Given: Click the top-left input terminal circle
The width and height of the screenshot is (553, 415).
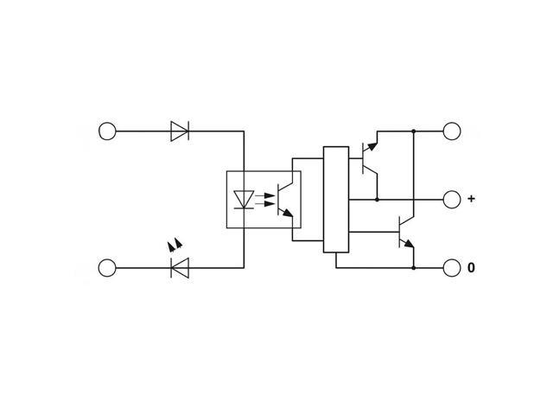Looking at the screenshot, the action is point(107,131).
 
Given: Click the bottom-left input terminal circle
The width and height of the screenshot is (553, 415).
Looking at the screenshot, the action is point(107,268).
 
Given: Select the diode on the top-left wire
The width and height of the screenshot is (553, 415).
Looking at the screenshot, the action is point(180,131).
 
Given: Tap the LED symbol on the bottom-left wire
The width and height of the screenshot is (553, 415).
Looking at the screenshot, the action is point(180,268).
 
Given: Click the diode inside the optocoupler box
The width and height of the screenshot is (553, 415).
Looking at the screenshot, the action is point(244,199).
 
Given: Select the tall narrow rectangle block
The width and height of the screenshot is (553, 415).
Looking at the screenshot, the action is point(336,200).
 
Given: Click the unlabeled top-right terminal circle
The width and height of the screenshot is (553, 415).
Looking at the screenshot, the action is point(452,131).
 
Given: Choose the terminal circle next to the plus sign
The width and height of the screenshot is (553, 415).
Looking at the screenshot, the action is point(452,199).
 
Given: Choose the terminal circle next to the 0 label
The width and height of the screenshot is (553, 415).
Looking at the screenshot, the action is point(452,268).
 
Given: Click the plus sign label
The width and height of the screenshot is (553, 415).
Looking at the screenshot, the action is point(471,199).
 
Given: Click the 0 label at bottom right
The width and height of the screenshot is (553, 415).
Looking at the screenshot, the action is point(471,268).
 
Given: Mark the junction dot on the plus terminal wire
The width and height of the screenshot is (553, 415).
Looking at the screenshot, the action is point(378,199).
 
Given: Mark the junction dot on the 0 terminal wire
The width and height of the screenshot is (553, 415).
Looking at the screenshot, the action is point(414,268).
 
